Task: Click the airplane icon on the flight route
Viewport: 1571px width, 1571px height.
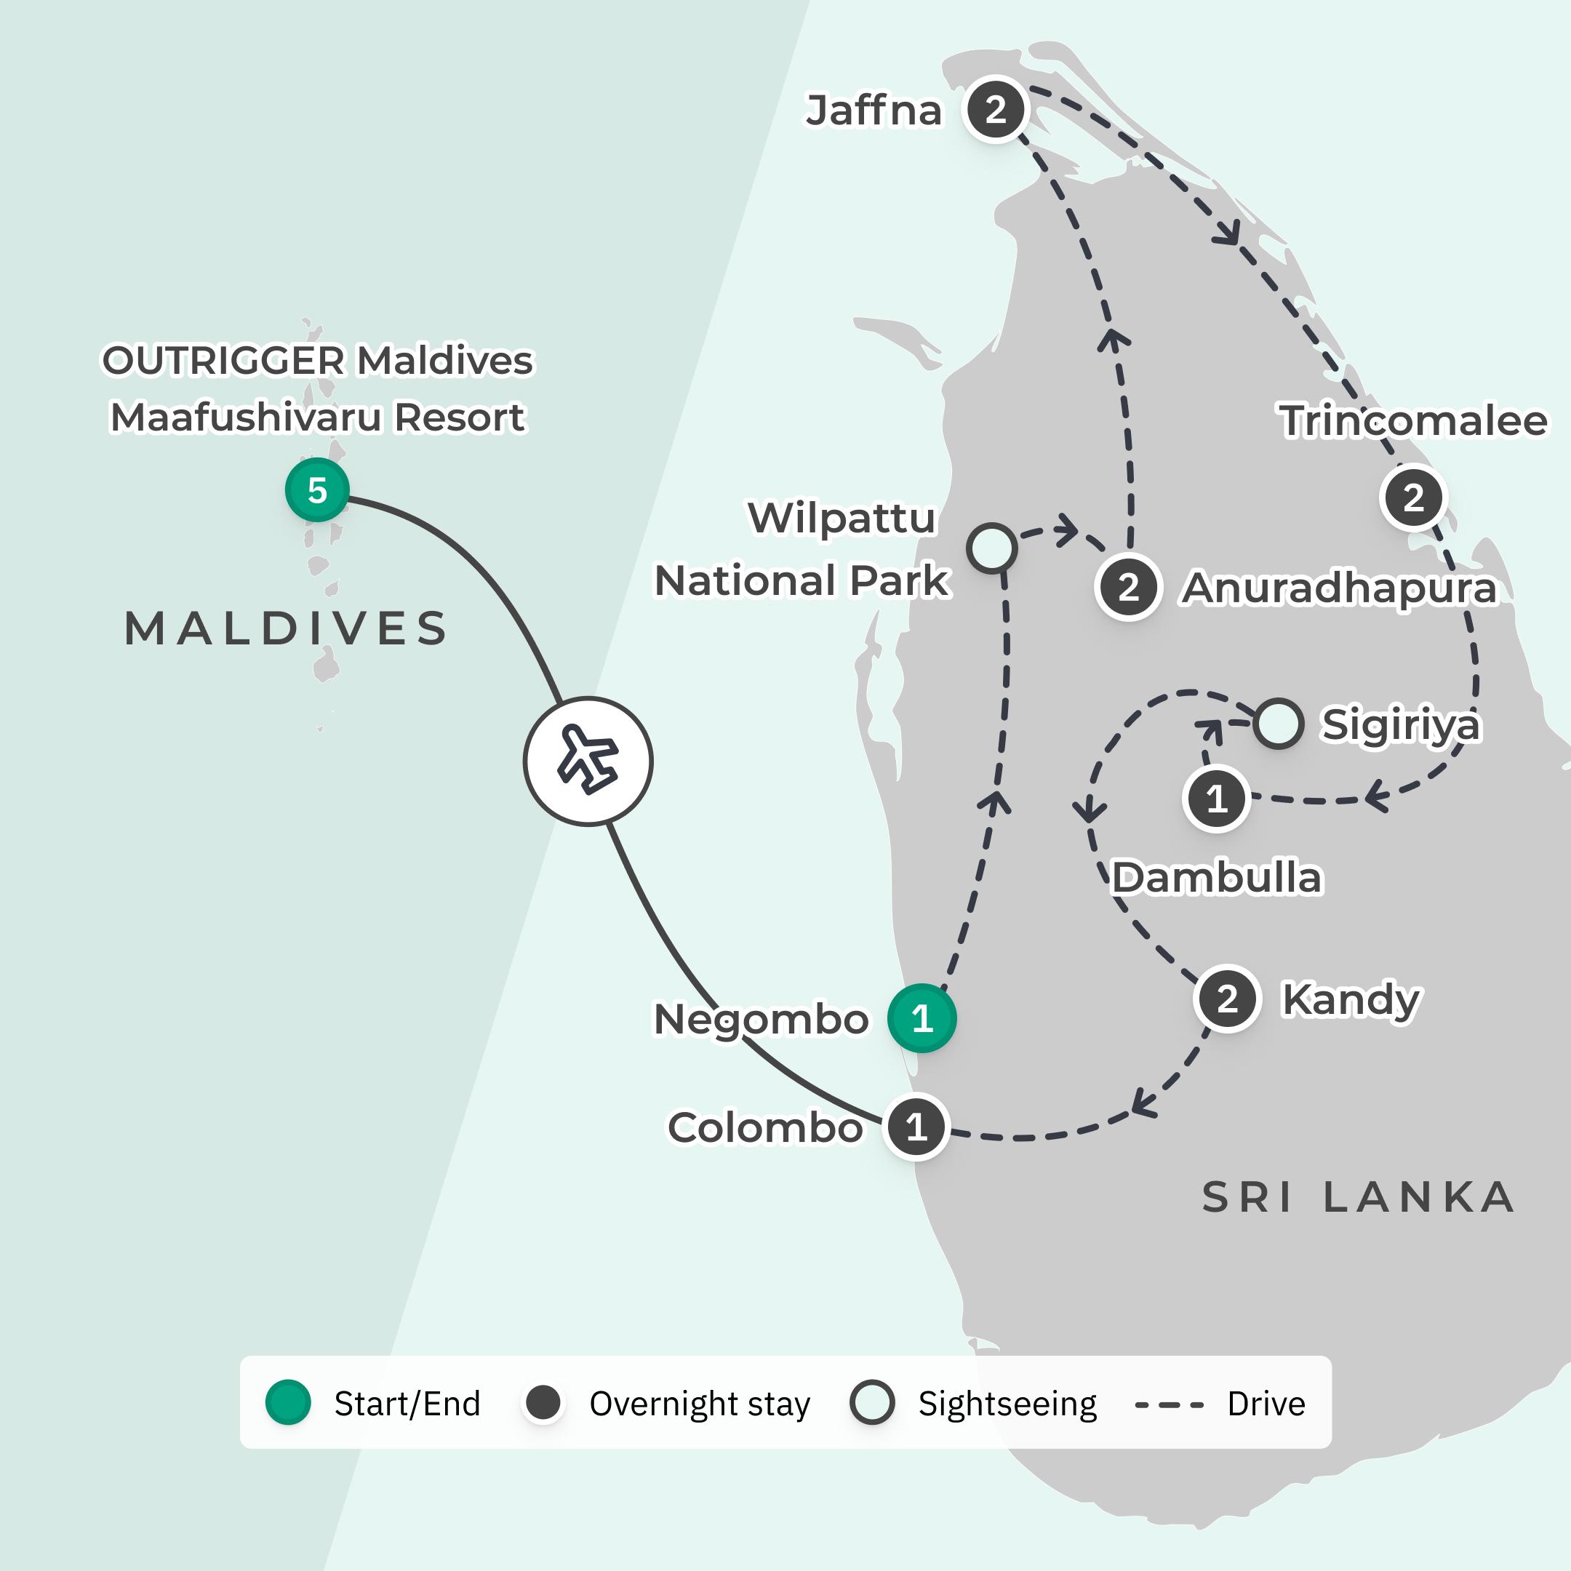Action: [588, 761]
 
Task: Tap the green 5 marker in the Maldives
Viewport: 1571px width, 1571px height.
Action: [317, 489]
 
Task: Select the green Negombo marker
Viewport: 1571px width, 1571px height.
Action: [922, 1018]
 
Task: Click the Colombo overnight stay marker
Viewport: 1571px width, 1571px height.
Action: [916, 1127]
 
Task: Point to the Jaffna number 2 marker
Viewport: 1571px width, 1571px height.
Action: [995, 109]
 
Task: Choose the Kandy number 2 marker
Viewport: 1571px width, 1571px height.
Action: [1227, 999]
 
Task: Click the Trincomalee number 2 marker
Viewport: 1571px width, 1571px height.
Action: [1413, 497]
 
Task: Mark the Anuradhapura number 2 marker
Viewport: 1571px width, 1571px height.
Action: [1128, 587]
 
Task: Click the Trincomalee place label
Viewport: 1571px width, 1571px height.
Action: [1413, 421]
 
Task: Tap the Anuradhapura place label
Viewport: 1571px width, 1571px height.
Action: [1338, 588]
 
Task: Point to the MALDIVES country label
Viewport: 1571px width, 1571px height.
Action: [287, 628]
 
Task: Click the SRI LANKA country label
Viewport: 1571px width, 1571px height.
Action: [1358, 1198]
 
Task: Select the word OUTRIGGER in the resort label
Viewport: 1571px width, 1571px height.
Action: [223, 361]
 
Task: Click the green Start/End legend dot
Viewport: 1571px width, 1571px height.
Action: [289, 1403]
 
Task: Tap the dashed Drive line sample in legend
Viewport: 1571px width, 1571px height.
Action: [1170, 1404]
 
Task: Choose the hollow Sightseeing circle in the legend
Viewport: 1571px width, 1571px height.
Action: [872, 1403]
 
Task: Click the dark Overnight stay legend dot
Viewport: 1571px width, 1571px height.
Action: [543, 1403]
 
